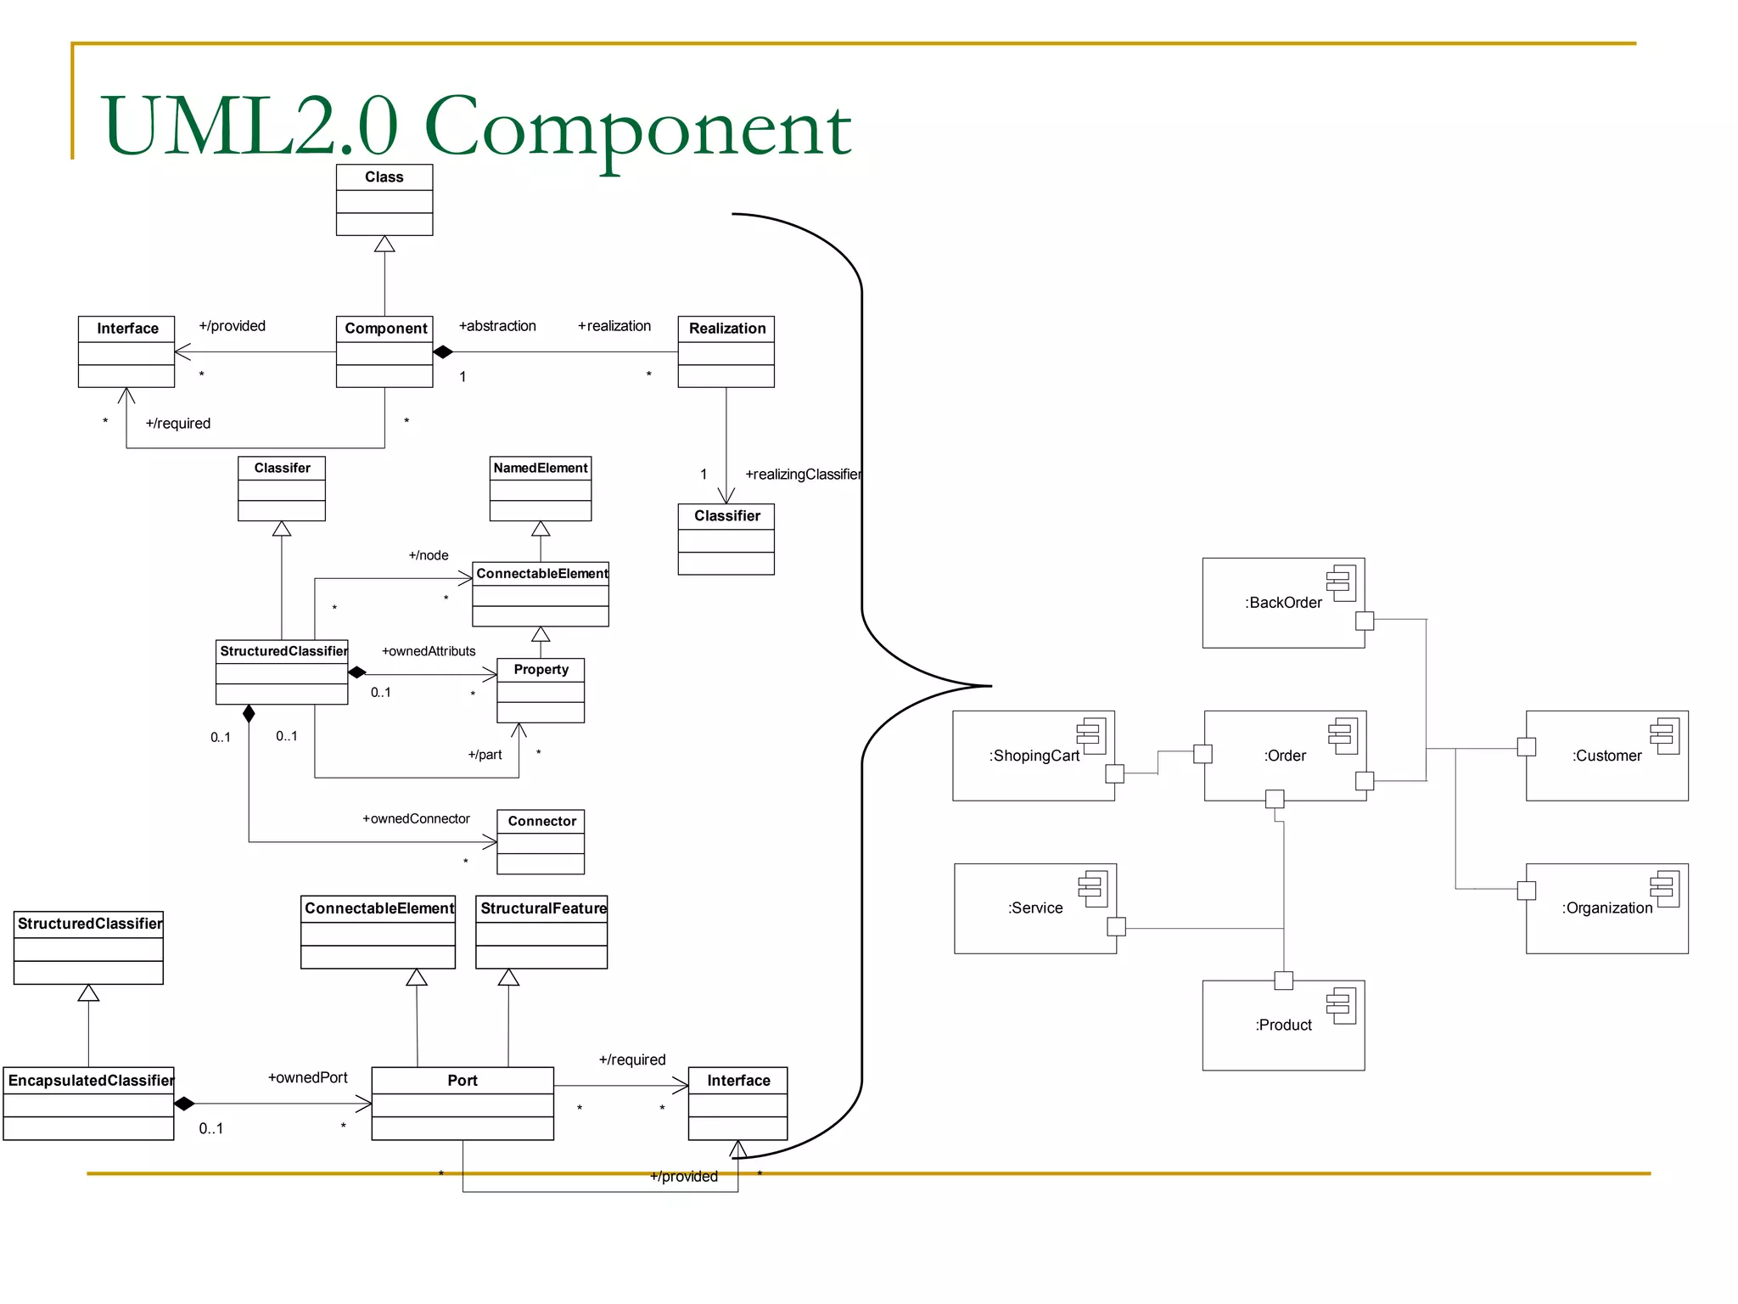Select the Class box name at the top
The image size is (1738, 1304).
coord(384,177)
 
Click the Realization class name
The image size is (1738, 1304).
coord(726,329)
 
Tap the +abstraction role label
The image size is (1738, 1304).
coord(497,326)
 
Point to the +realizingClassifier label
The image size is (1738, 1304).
coord(803,475)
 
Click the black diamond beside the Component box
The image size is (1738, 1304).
coord(443,351)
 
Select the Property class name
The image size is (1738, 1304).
coord(541,670)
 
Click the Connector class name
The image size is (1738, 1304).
coord(541,821)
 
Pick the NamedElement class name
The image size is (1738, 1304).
coord(541,468)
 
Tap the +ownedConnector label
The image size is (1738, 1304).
coord(416,818)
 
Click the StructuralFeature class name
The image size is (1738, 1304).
coord(543,908)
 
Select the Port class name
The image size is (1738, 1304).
coord(463,1081)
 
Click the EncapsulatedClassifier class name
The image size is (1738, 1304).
coord(90,1081)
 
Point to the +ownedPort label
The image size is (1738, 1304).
coord(308,1078)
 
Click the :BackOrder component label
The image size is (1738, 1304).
coord(1283,603)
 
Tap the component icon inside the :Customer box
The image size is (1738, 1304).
coord(1664,735)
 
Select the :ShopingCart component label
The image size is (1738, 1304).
coord(1034,756)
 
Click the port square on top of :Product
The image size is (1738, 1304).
coord(1283,981)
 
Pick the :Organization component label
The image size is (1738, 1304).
coord(1606,908)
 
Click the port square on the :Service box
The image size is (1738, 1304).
coord(1116,926)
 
